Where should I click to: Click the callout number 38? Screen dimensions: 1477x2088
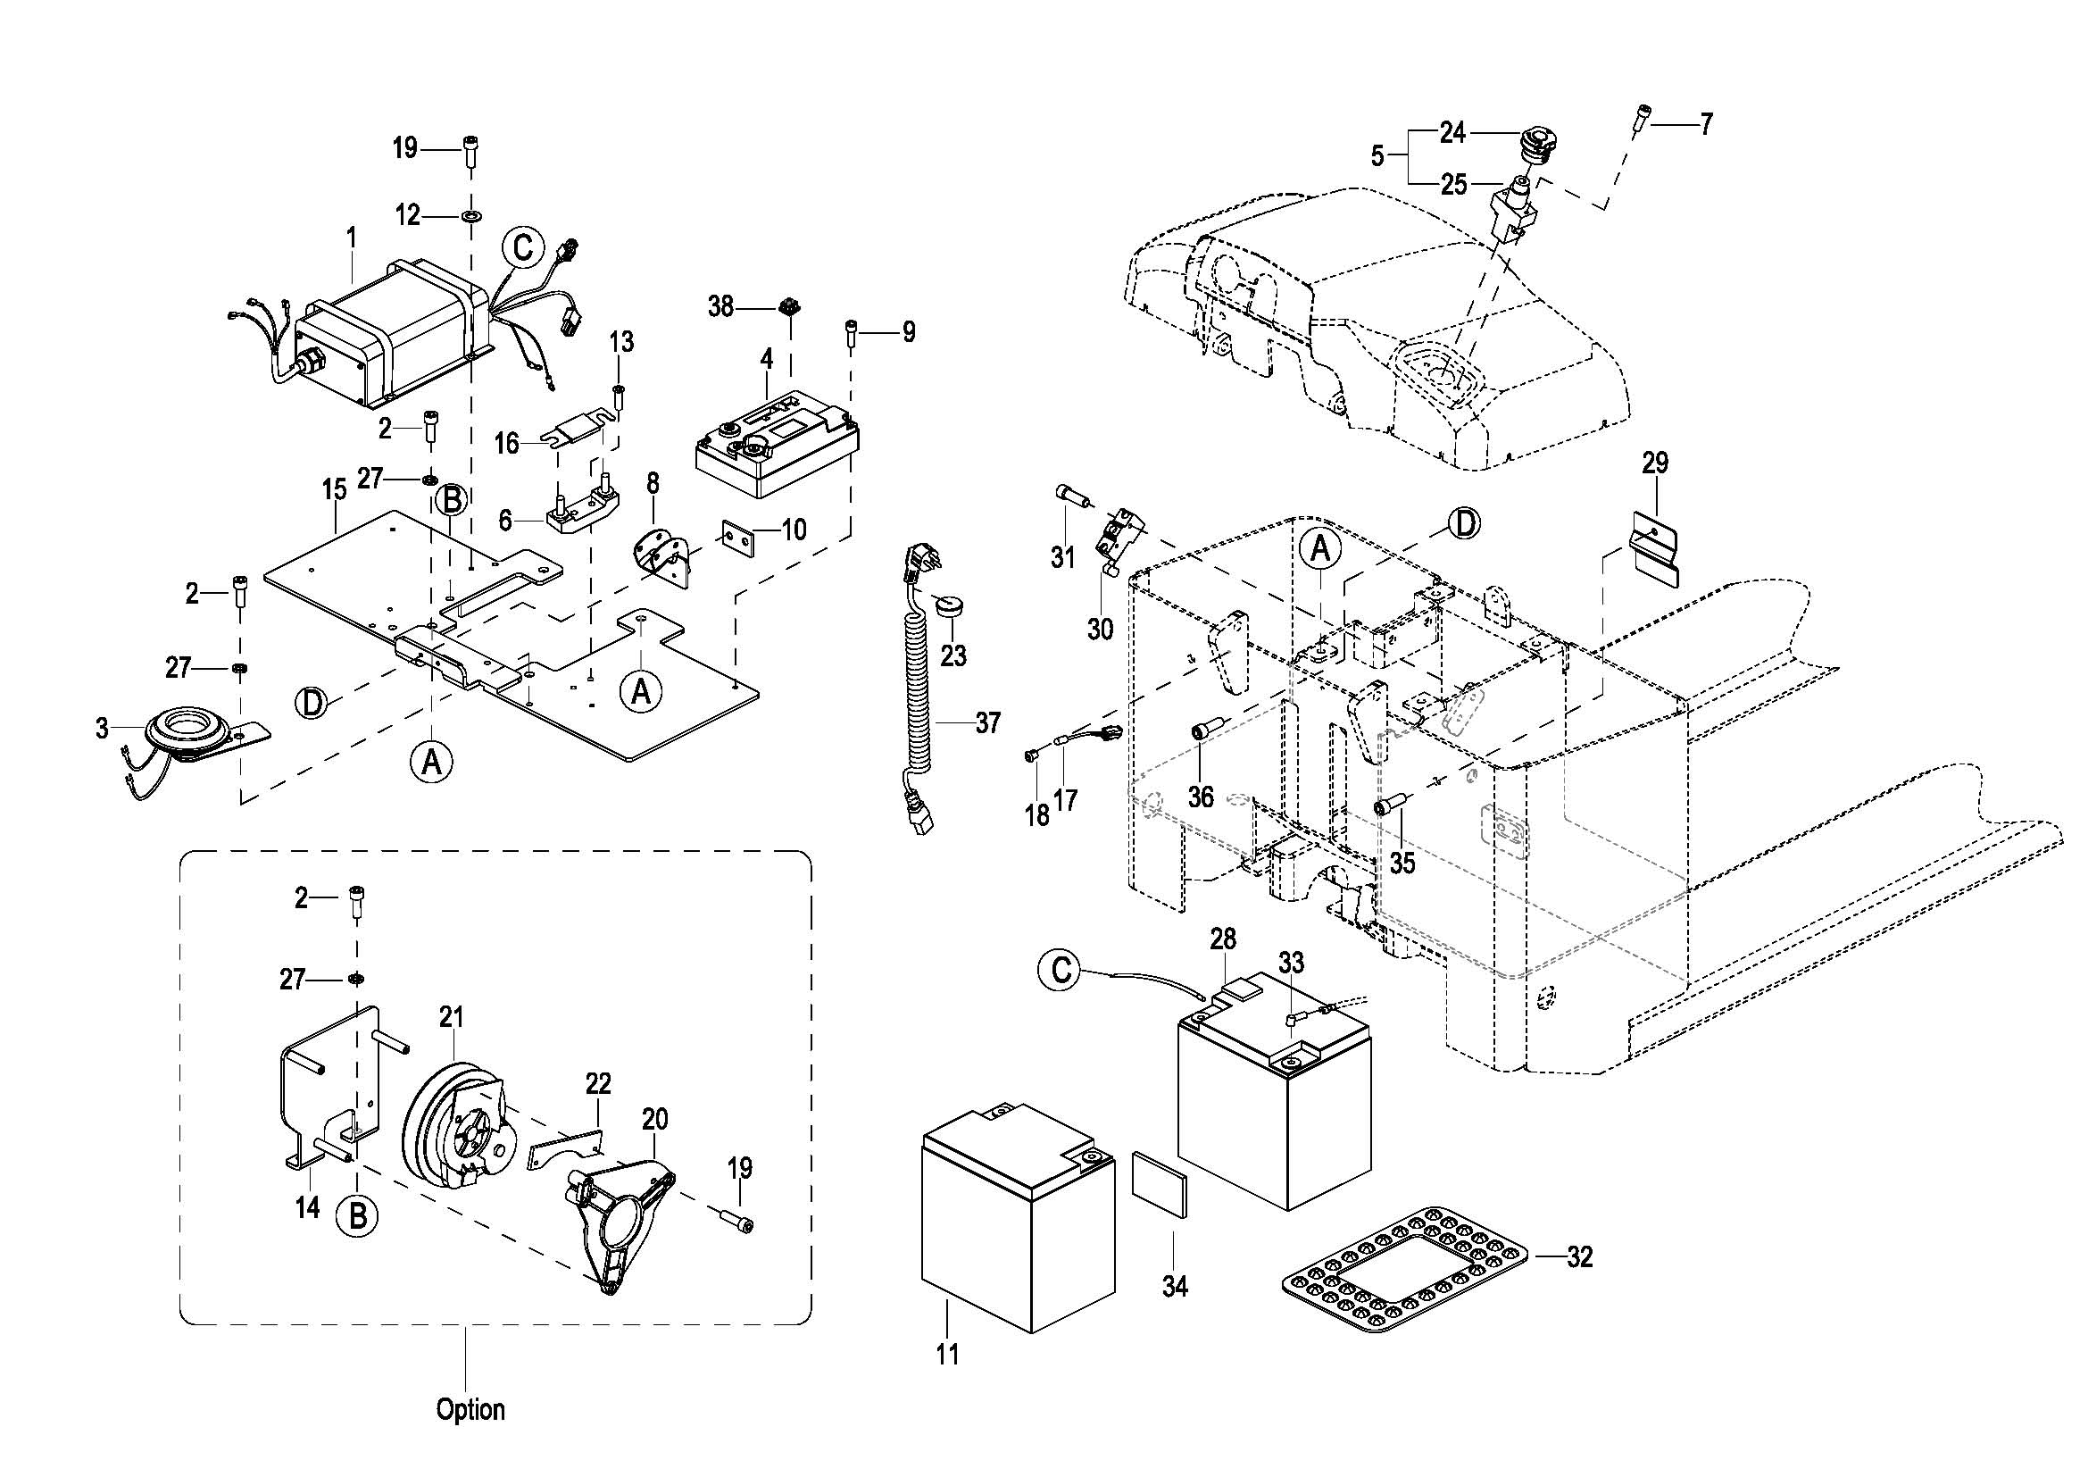click(x=720, y=307)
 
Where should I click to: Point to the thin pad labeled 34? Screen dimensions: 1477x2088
click(x=1160, y=1183)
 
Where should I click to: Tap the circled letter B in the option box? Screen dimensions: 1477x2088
click(x=357, y=1216)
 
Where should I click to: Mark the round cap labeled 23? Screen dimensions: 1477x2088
click(x=950, y=605)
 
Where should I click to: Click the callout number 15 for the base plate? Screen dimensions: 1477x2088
click(x=334, y=490)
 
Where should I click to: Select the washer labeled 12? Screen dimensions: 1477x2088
click(x=472, y=217)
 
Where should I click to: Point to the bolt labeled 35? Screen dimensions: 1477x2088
click(x=1391, y=805)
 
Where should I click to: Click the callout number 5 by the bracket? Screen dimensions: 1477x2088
click(x=1377, y=156)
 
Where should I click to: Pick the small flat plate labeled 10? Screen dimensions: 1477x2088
click(x=738, y=538)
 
